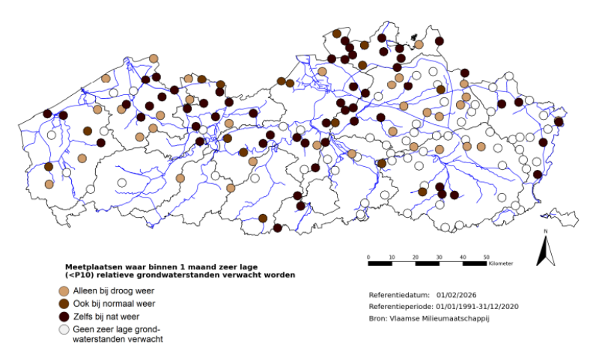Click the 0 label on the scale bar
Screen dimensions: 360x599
pos(368,257)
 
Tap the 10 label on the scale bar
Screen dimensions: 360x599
pos(392,257)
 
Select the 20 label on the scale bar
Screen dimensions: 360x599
pos(416,257)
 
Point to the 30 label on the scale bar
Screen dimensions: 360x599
pos(440,257)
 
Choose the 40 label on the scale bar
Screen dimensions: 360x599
pos(463,257)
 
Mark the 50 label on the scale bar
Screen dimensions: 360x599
pos(487,257)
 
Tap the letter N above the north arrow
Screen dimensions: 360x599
pos(546,232)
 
